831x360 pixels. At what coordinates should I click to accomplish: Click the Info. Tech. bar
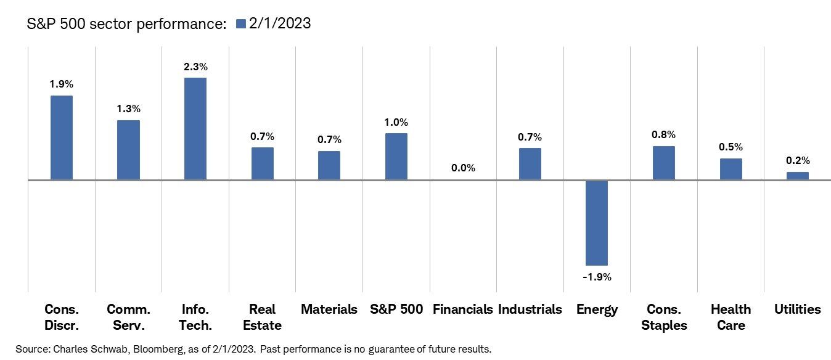pos(195,129)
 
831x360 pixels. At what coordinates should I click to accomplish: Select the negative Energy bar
pos(596,223)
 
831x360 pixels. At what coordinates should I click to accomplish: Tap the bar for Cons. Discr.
pos(61,137)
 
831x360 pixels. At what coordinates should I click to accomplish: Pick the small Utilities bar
pos(797,176)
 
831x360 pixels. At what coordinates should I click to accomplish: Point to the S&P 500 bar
pos(396,157)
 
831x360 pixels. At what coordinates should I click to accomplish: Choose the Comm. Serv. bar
pos(128,150)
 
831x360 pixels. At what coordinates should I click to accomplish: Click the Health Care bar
pos(731,169)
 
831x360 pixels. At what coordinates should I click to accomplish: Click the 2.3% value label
pos(195,65)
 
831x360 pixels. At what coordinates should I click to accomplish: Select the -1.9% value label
pos(597,277)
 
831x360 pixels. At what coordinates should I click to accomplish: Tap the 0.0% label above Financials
pos(463,168)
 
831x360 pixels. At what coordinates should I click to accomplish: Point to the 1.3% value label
pos(128,108)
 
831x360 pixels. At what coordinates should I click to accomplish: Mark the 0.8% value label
pos(663,134)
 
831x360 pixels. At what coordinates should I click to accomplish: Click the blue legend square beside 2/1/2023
pos(240,24)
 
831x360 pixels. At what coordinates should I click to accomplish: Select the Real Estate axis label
pos(262,317)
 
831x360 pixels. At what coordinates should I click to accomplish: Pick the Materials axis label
pos(329,309)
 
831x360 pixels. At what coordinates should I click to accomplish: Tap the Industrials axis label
pos(530,309)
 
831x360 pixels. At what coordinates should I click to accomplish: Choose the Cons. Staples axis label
pos(663,317)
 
